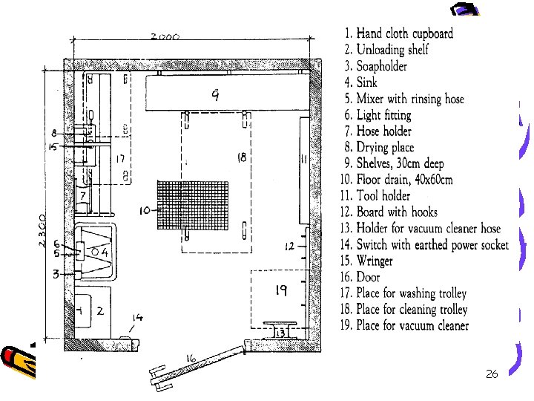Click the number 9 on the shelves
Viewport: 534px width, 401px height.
click(215, 94)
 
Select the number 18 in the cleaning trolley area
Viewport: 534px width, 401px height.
click(242, 157)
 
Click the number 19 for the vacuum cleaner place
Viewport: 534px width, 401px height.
click(281, 292)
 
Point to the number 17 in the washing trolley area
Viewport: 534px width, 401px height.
click(119, 159)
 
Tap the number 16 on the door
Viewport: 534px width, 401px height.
click(191, 360)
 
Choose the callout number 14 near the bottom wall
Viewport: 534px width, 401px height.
click(138, 318)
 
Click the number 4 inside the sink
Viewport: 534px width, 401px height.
click(105, 252)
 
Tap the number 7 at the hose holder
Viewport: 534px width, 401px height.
click(83, 195)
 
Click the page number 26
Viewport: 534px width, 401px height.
click(491, 374)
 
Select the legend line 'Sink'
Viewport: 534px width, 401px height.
click(366, 82)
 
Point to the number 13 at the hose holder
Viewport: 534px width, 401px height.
click(280, 333)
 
